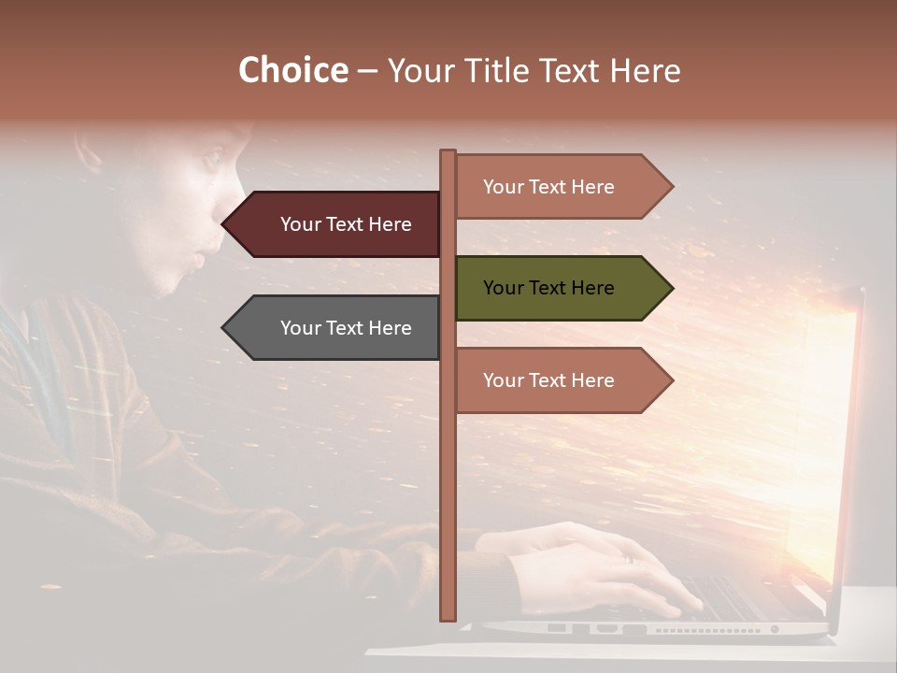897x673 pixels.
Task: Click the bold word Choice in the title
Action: tap(292, 70)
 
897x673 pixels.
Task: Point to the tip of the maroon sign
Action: tap(224, 224)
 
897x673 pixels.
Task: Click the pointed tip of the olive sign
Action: tap(671, 288)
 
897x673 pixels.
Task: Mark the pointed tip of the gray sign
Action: tap(224, 328)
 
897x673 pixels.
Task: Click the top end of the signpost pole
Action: tap(448, 152)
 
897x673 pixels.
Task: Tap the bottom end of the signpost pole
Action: tap(448, 617)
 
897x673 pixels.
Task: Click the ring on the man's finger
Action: tap(628, 559)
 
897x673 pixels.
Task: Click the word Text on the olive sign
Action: tap(548, 288)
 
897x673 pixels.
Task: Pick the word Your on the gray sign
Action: tap(300, 328)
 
